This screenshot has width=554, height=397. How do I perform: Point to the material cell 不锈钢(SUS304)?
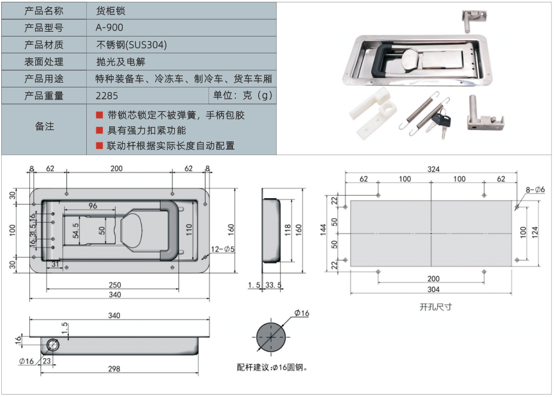coord(131,44)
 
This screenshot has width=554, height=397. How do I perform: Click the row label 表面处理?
coord(44,61)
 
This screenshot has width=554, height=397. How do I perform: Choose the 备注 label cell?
coord(44,126)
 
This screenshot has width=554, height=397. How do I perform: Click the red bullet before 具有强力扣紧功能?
coord(99,130)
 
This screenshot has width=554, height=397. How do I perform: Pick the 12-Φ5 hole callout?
coord(223,248)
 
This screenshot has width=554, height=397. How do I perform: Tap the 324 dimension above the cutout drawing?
coord(432,169)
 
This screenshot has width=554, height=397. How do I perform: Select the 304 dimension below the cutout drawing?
coord(433,289)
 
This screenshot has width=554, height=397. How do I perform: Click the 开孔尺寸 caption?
coord(435,307)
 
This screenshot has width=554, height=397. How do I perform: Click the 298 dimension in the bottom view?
coord(114,369)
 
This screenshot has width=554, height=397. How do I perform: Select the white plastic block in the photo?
coord(375,113)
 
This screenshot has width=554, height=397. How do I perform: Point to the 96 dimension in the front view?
coord(92,206)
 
